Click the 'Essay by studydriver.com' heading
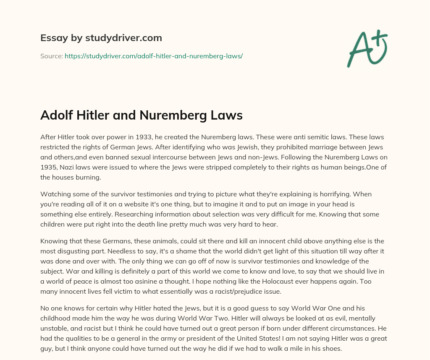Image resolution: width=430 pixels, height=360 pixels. (101, 38)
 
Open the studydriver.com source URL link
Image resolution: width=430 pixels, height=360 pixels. (154, 56)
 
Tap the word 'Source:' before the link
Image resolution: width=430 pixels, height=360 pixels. (51, 56)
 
